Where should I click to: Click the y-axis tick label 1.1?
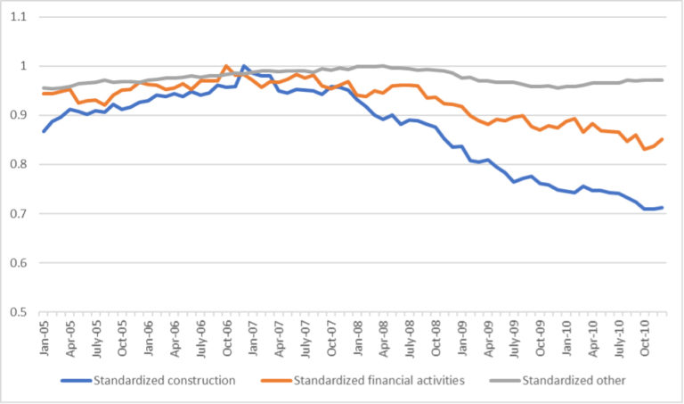pyautogui.click(x=18, y=17)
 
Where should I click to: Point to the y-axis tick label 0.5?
pyautogui.click(x=18, y=312)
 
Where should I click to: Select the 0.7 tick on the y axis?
pyautogui.click(x=18, y=214)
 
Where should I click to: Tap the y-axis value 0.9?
pyautogui.click(x=18, y=116)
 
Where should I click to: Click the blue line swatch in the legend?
pyautogui.click(x=77, y=380)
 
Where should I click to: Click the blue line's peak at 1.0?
pyautogui.click(x=244, y=66)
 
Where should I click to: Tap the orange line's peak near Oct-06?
pyautogui.click(x=226, y=66)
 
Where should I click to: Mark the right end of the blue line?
pyautogui.click(x=662, y=208)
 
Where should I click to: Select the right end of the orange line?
pyautogui.click(x=662, y=139)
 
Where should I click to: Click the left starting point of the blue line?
pyautogui.click(x=43, y=131)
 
